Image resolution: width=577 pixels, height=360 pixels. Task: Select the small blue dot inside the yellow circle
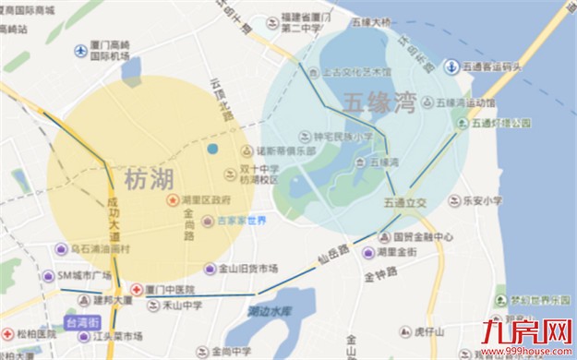[x=212, y=149]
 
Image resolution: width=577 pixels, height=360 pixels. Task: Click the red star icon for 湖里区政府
[x=172, y=199]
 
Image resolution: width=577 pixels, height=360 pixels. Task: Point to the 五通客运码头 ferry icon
[x=452, y=66]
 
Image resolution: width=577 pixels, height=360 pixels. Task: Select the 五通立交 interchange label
[x=404, y=200]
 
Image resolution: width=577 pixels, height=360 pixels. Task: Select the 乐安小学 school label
[x=482, y=199]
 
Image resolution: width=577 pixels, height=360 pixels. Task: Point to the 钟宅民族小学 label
[x=343, y=137]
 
